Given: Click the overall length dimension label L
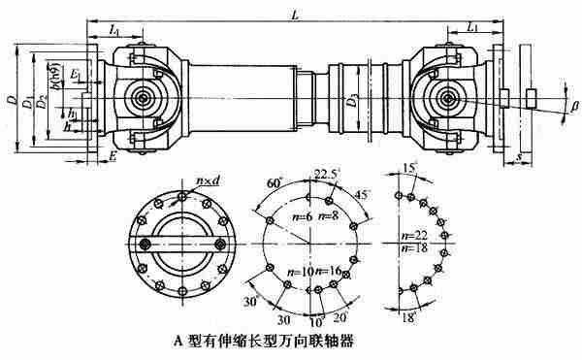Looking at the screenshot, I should point(297,13).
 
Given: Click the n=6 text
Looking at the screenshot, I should point(300,214).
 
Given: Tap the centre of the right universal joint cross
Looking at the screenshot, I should point(447,97).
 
